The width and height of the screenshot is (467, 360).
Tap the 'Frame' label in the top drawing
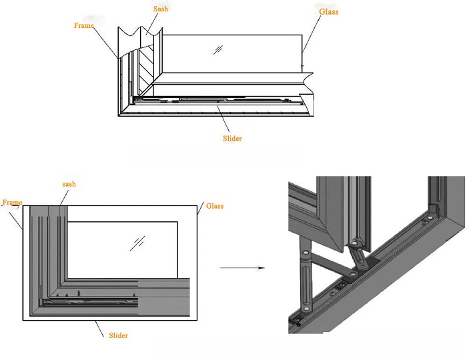coord(84,25)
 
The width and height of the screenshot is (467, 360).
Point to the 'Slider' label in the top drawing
coord(231,138)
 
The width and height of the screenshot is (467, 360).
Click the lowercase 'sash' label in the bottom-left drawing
coord(69,183)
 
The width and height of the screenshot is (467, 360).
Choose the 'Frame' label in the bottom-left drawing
coord(12,202)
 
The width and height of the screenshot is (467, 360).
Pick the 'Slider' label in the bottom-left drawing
coord(118,335)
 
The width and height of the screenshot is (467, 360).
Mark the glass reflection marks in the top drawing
coord(217,49)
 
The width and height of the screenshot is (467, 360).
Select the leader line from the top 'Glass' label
coord(306,40)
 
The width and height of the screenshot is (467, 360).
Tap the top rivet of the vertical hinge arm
coord(306,253)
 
